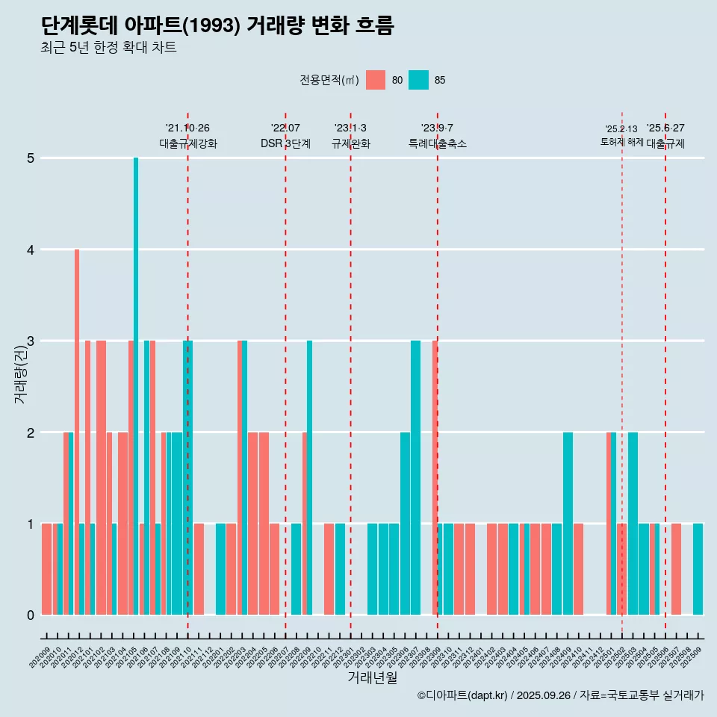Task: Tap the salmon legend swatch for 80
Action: click(376, 80)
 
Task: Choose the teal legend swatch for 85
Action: click(419, 80)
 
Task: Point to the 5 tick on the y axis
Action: click(31, 158)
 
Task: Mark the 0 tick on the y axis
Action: click(31, 615)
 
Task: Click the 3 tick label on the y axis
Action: click(31, 341)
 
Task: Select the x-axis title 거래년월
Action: click(372, 677)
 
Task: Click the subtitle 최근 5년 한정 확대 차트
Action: click(108, 48)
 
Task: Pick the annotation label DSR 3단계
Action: click(285, 143)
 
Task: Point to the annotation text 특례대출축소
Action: click(438, 143)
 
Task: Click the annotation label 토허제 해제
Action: click(621, 141)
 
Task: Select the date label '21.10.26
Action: click(187, 128)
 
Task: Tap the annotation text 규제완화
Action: click(351, 143)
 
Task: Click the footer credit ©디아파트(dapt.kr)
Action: click(462, 695)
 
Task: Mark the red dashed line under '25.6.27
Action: click(665, 373)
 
